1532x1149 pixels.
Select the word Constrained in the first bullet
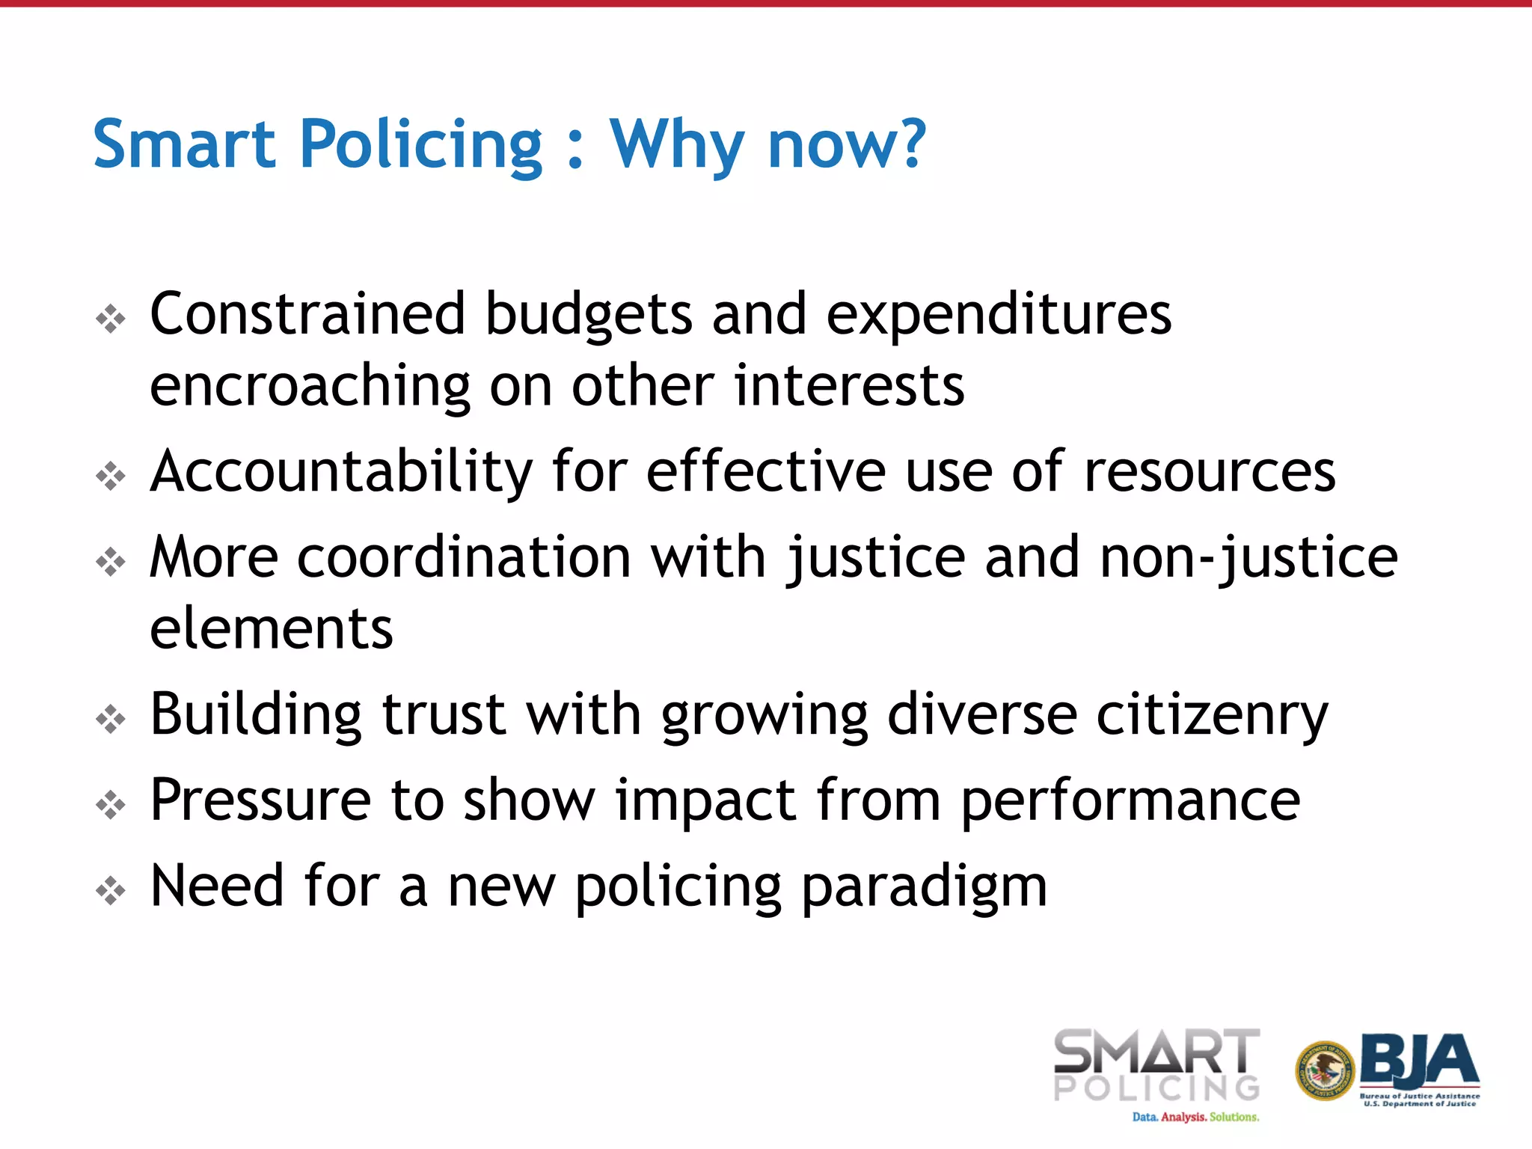(308, 314)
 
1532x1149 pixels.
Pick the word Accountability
(340, 473)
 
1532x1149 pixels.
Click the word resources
(1210, 473)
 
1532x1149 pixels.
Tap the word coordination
(464, 558)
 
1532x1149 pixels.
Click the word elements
(271, 628)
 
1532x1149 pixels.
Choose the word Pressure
(260, 800)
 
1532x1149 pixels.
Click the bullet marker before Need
(111, 890)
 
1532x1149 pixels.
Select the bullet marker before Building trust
(111, 719)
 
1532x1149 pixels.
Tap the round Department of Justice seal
(1325, 1071)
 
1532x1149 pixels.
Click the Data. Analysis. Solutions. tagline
(1195, 1117)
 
